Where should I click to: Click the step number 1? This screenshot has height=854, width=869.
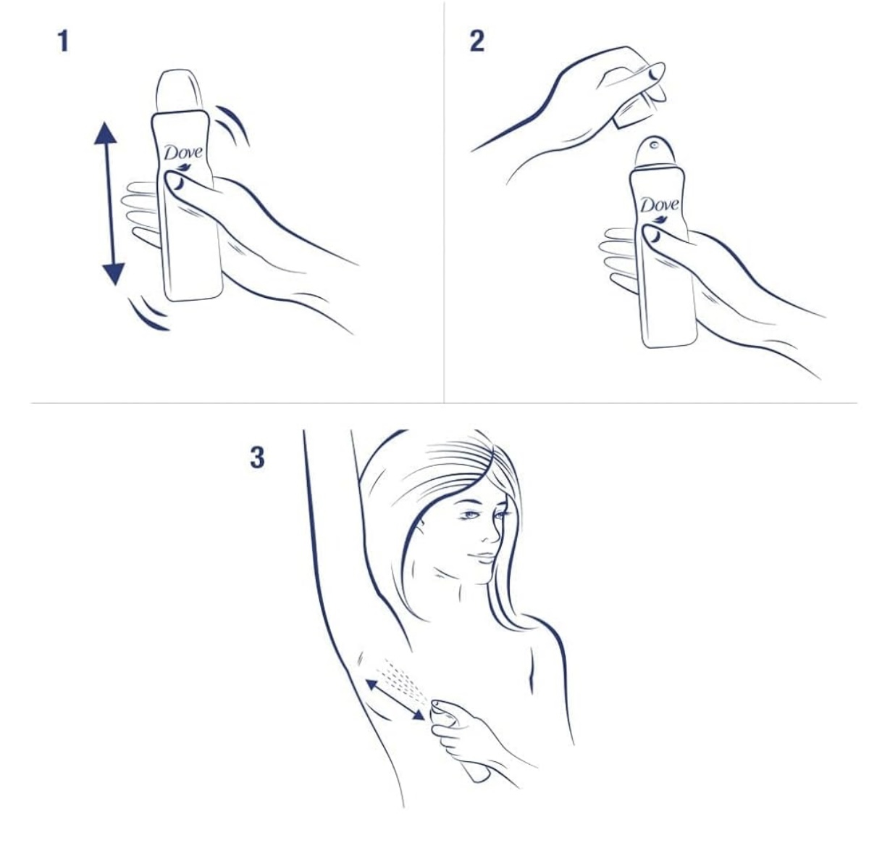coord(64,41)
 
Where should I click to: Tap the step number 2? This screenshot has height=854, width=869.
coord(477,41)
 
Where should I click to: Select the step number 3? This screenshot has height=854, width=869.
coord(258,457)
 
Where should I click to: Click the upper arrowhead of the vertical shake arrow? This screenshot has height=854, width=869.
coord(106,133)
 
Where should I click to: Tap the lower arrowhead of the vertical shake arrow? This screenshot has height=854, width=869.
coord(114,275)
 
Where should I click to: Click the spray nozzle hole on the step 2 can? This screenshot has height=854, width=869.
coord(653,145)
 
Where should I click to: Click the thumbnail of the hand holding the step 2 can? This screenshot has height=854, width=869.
coord(652,236)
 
